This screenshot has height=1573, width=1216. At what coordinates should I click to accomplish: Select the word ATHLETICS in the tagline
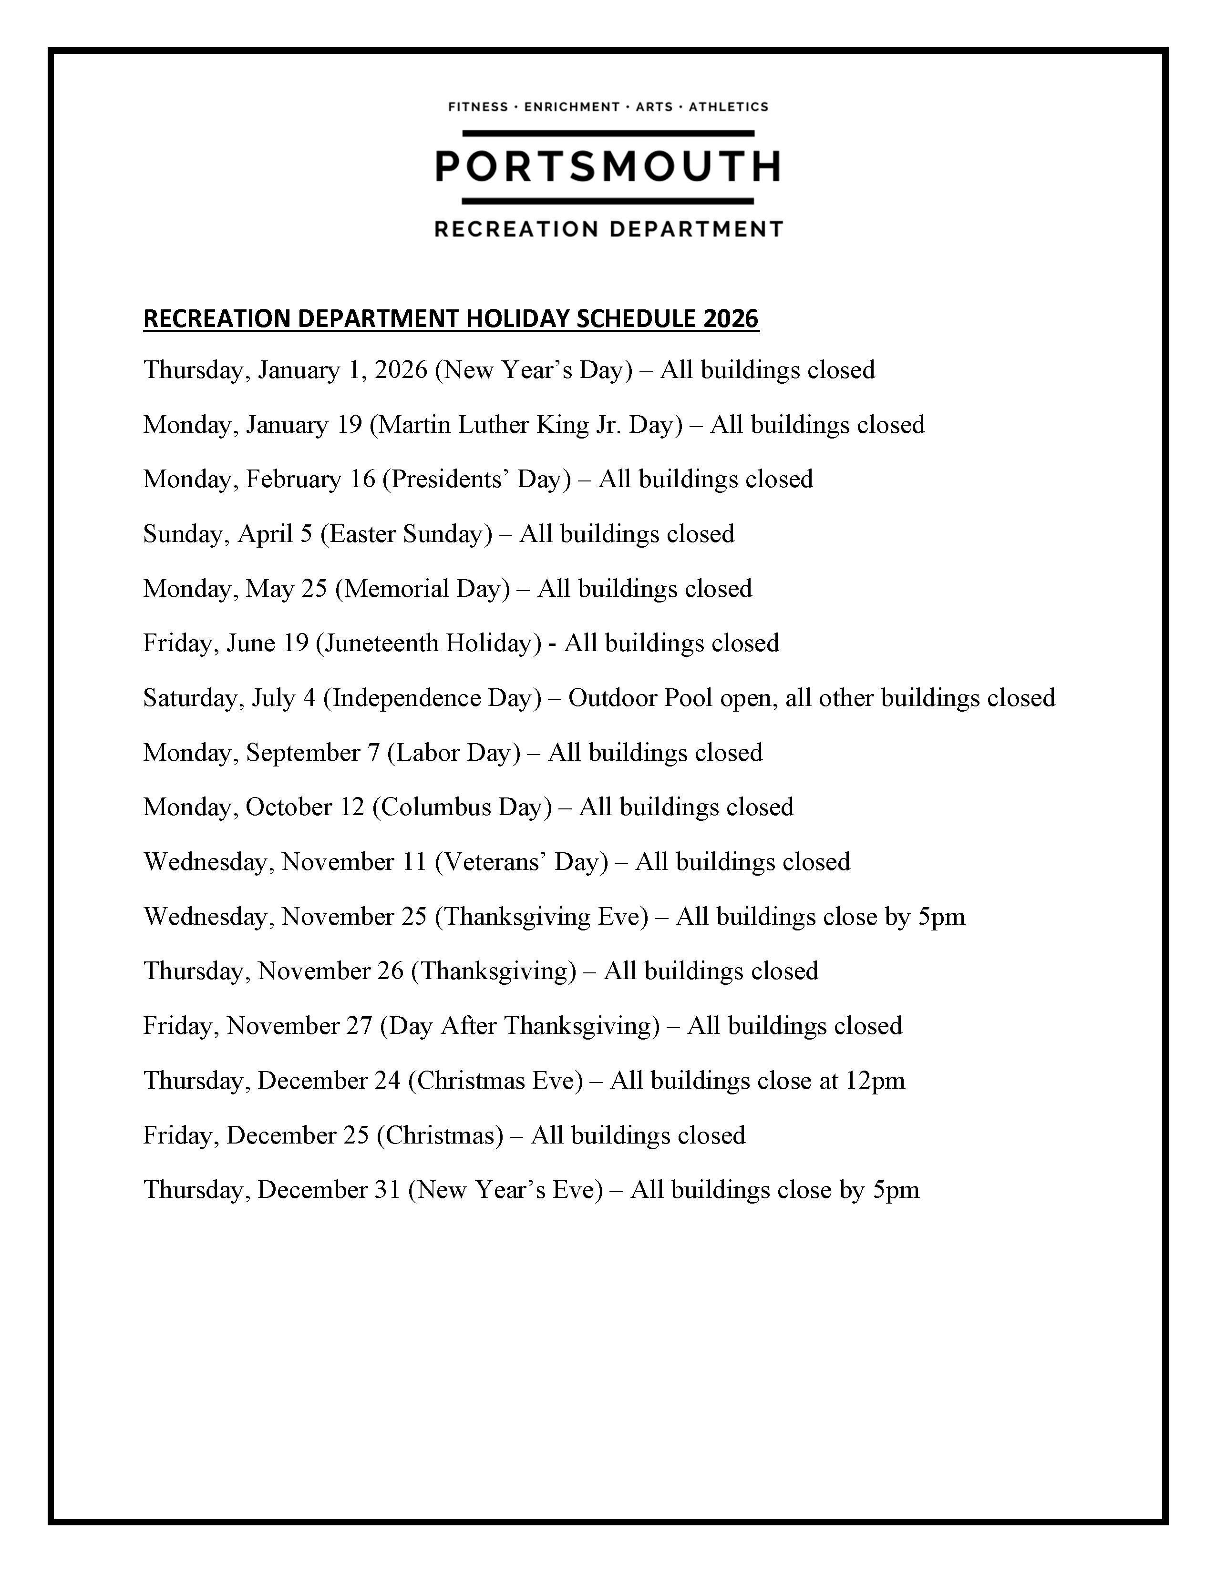(728, 107)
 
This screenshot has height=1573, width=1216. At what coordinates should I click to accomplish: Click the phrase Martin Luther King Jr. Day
(525, 424)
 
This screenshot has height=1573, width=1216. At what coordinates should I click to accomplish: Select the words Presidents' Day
(475, 479)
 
